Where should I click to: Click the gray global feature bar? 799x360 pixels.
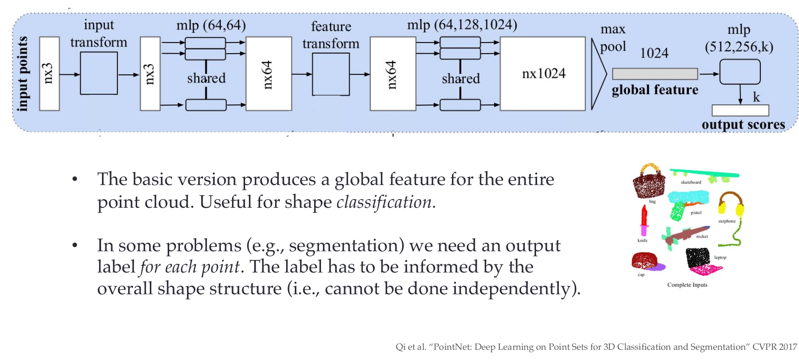pos(654,73)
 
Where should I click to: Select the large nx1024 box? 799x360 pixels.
pos(543,73)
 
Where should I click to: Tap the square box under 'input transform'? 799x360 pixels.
pos(99,73)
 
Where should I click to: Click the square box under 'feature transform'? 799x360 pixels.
pos(331,74)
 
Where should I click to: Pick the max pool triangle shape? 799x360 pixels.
pos(598,73)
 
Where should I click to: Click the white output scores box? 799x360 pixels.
pos(740,110)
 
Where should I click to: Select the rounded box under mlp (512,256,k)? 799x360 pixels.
pos(740,72)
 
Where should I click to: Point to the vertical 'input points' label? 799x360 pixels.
pos(22,73)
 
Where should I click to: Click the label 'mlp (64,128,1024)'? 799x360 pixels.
pos(462,25)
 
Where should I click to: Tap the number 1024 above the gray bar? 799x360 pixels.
pos(654,53)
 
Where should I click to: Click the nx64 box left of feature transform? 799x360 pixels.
pos(269,73)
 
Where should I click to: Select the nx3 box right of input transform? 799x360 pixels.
pos(150,73)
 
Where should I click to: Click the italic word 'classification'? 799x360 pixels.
pos(384,202)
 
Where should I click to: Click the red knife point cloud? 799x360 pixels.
pos(644,220)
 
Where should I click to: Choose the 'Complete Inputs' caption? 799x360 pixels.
pos(687,285)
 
